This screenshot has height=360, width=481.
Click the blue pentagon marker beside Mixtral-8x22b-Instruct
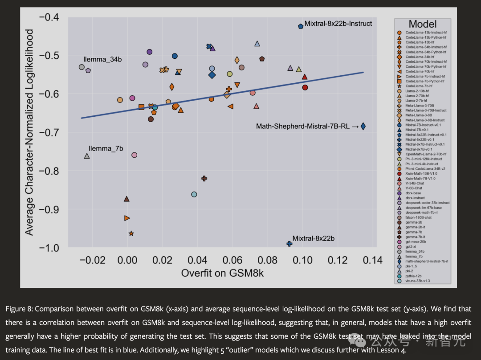point(301,26)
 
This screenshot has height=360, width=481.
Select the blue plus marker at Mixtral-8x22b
point(289,244)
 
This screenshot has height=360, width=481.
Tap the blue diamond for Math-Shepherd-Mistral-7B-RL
point(363,127)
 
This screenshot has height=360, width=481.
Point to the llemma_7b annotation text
point(106,149)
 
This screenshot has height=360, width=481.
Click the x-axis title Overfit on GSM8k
point(222,273)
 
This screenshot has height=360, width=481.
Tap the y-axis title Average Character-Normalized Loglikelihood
point(29,132)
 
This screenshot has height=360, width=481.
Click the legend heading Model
point(422,24)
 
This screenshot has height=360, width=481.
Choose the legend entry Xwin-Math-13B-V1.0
point(420,173)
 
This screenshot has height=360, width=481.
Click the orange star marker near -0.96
point(131,233)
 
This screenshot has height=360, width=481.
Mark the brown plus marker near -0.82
point(204,178)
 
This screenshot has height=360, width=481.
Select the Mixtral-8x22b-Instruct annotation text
point(338,24)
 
